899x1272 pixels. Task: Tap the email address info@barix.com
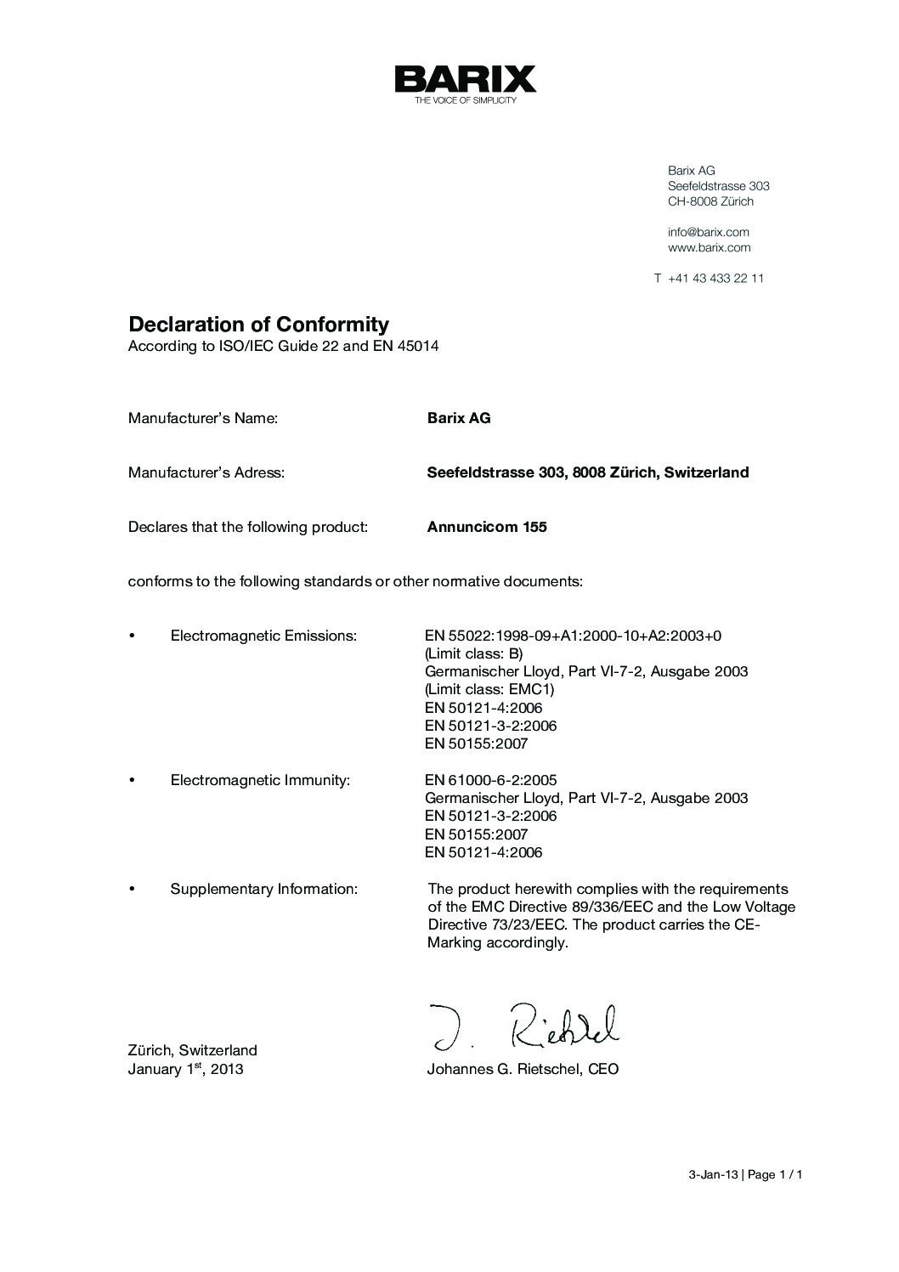click(x=708, y=232)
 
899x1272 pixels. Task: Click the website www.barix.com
click(x=709, y=248)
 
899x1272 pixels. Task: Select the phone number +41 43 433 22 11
click(x=715, y=279)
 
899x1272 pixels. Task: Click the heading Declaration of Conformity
click(x=258, y=324)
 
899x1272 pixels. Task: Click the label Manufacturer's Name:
click(x=203, y=418)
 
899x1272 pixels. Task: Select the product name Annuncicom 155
click(x=487, y=527)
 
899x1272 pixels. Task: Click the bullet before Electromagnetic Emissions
click(x=132, y=636)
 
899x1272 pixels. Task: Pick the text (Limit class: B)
click(x=473, y=653)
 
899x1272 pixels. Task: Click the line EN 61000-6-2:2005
click(x=490, y=780)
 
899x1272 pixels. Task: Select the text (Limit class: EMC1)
click(x=489, y=689)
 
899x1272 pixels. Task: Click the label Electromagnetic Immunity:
click(x=260, y=780)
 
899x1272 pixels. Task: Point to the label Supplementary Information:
click(x=263, y=889)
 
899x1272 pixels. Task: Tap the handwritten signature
click(x=523, y=1026)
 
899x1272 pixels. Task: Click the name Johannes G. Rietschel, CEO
click(x=523, y=1069)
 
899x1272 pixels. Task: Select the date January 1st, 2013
click(x=185, y=1069)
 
